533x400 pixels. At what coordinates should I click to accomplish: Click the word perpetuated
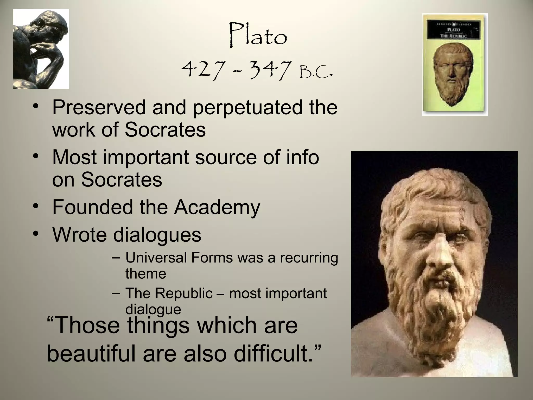pyautogui.click(x=247, y=108)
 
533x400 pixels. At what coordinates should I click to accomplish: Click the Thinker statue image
pyautogui.click(x=41, y=49)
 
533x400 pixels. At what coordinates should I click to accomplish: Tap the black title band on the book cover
pyautogui.click(x=455, y=30)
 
